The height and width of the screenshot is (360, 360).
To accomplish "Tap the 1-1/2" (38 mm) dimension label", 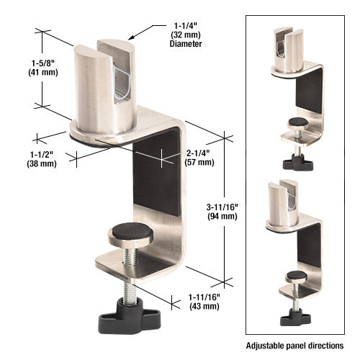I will [42, 158].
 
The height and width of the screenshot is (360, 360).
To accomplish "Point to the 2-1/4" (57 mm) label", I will [199, 157].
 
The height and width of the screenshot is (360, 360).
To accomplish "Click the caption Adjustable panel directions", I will [296, 346].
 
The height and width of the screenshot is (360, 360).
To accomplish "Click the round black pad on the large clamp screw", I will [128, 232].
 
